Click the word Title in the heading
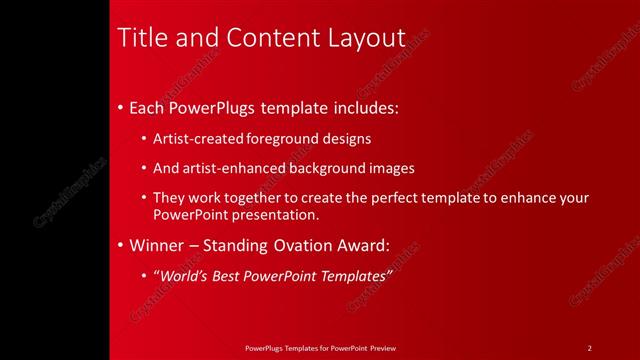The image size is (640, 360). click(x=142, y=38)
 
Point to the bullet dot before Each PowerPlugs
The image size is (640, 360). click(x=121, y=107)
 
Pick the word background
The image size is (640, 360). click(x=320, y=168)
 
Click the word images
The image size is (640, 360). click(x=389, y=168)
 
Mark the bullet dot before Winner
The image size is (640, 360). click(x=121, y=245)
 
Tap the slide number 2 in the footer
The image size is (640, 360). click(x=590, y=348)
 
